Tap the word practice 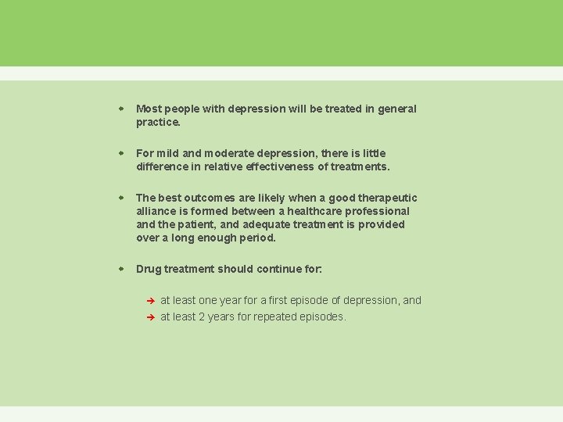coord(158,123)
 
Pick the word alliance coord(156,211)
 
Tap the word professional coord(378,211)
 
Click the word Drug coord(149,269)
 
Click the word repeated coord(276,316)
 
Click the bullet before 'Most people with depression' coord(121,109)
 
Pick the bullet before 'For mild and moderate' coord(121,153)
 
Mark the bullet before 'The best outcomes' coord(121,198)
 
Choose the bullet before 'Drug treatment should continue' coord(121,269)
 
